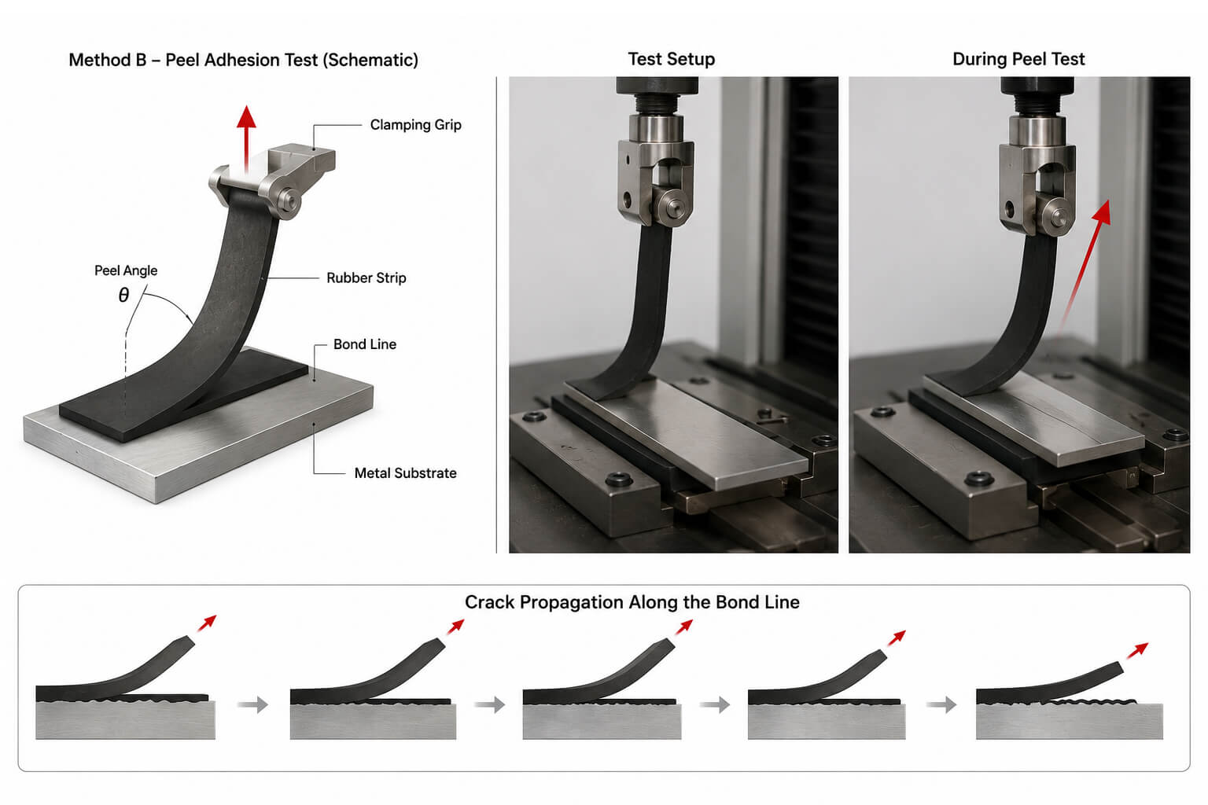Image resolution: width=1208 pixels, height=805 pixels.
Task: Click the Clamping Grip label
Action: point(415,125)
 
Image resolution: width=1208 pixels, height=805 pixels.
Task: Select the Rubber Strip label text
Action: point(366,278)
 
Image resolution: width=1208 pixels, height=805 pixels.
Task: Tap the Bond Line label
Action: point(365,344)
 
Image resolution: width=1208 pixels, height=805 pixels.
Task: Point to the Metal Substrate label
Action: point(405,473)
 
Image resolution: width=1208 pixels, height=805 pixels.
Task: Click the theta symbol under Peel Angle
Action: point(123,295)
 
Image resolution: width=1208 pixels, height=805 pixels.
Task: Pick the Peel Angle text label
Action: point(126,270)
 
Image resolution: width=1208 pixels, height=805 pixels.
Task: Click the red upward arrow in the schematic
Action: point(246,138)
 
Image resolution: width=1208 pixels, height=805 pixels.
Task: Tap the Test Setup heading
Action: point(672,59)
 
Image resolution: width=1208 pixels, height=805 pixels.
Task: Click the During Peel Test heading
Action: point(1018,59)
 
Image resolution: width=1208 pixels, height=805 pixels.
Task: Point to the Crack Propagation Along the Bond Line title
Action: point(632,601)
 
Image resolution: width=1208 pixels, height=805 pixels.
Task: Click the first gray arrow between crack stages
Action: point(252,704)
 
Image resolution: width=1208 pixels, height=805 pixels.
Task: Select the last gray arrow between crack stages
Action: point(941,704)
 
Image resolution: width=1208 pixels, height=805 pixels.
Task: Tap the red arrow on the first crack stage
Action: point(207,623)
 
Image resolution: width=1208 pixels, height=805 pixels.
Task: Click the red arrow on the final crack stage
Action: point(1137,650)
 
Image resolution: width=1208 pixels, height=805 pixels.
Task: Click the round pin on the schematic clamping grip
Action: point(289,201)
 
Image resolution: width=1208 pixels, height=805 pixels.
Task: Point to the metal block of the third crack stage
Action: point(602,721)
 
